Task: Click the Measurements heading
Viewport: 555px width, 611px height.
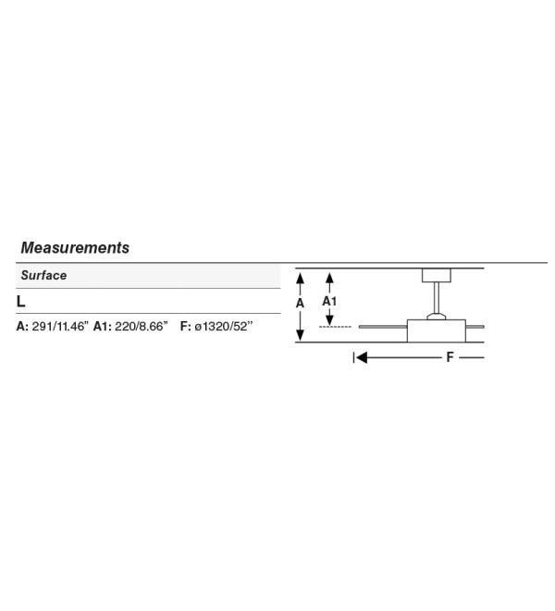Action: (75, 248)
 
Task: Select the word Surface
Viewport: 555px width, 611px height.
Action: (43, 276)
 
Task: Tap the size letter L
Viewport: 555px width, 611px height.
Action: (20, 302)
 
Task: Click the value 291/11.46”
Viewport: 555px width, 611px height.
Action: (60, 326)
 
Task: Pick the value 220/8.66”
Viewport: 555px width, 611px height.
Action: (141, 326)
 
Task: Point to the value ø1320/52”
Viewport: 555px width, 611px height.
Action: (224, 326)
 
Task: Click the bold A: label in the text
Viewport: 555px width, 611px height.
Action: (22, 326)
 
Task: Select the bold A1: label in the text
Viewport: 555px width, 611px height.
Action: (103, 326)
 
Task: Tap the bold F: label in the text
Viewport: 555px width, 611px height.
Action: (185, 326)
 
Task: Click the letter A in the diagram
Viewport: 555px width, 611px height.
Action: (300, 303)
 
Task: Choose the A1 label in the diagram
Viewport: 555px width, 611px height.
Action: (329, 301)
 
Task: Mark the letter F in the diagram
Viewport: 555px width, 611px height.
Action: (450, 357)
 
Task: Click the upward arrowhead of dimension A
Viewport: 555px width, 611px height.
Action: (300, 279)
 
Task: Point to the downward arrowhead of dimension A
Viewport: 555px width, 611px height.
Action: (300, 335)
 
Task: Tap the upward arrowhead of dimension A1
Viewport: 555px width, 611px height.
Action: (329, 279)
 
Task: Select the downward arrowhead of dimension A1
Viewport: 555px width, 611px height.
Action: (329, 320)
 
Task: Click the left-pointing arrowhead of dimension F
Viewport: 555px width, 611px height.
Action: (362, 357)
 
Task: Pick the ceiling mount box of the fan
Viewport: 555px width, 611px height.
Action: (437, 275)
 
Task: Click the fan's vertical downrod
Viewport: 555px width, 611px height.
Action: (437, 298)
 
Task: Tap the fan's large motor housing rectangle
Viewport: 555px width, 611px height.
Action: (437, 330)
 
